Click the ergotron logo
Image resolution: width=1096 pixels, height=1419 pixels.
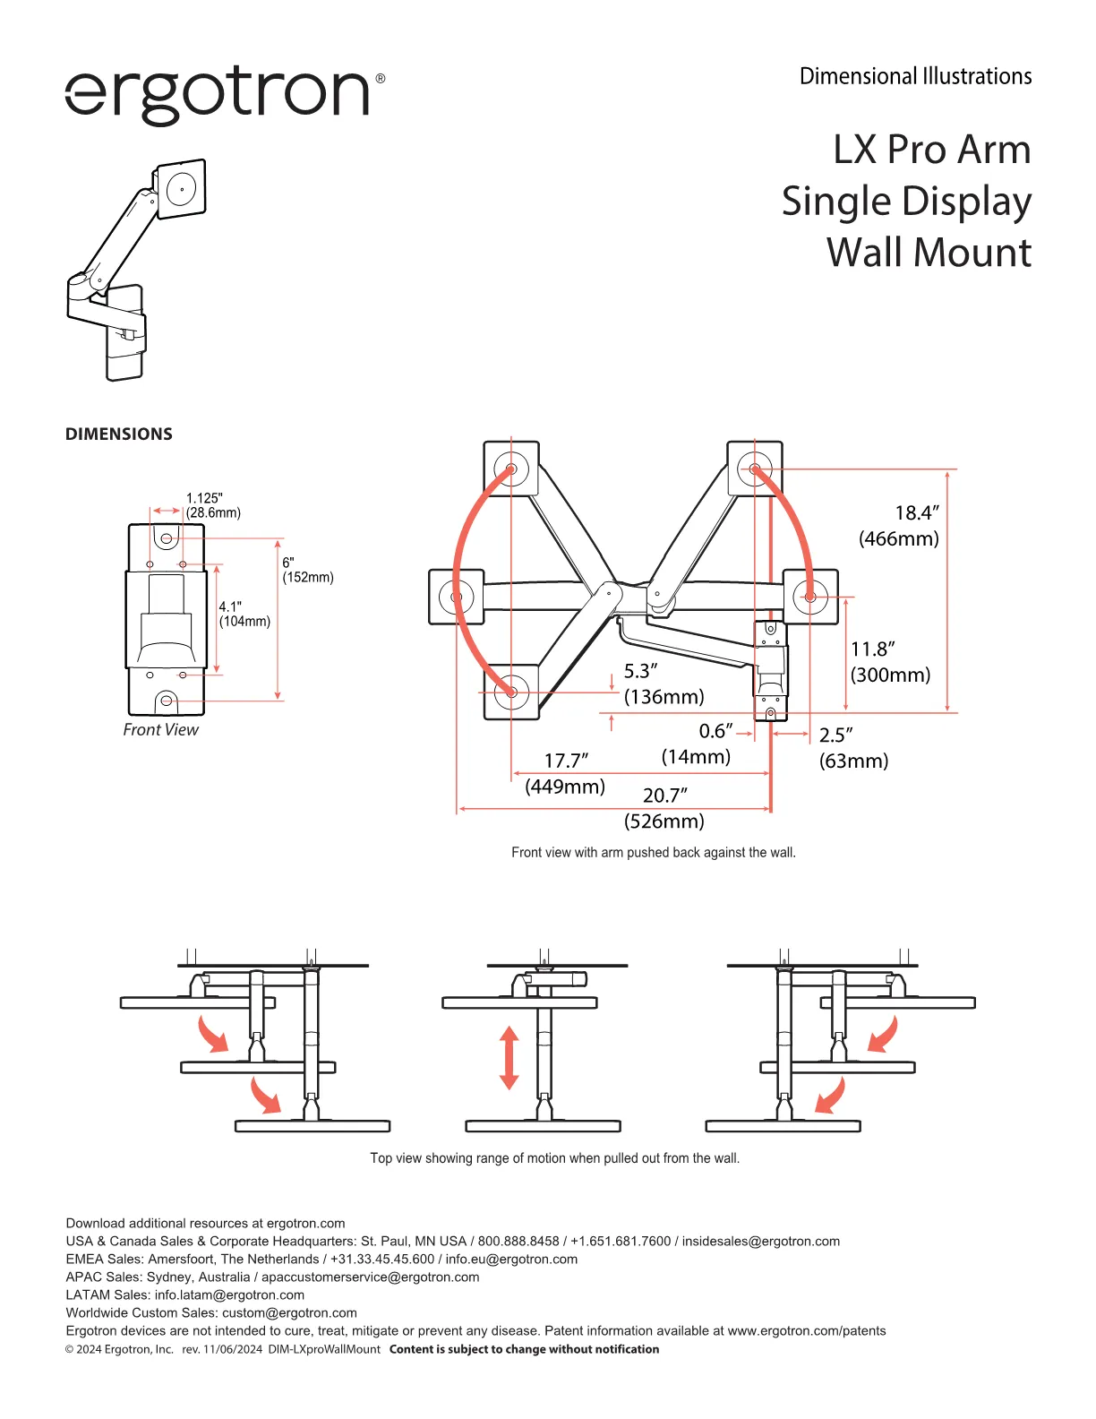click(x=225, y=94)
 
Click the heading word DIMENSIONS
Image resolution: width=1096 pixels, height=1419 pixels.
click(x=119, y=434)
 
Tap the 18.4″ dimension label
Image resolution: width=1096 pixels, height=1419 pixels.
click(x=917, y=512)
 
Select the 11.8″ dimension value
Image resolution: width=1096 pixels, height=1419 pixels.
click(x=872, y=649)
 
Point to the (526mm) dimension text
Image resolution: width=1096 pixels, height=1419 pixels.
click(x=664, y=821)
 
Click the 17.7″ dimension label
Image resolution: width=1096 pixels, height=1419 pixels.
click(x=566, y=761)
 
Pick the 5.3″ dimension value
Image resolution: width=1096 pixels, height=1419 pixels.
click(x=640, y=671)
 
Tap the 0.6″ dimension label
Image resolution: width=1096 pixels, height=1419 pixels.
click(x=715, y=731)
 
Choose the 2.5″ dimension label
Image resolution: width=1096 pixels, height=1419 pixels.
click(x=835, y=735)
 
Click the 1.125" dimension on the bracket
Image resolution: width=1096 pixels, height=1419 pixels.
click(x=204, y=498)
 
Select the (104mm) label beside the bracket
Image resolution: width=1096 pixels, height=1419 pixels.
click(x=244, y=621)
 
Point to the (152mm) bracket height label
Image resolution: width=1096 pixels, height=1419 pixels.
click(x=308, y=577)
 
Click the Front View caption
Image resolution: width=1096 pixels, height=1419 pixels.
click(x=160, y=730)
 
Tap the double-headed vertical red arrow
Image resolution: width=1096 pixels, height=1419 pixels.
click(x=509, y=1058)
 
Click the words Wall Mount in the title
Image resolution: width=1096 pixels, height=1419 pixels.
click(x=929, y=253)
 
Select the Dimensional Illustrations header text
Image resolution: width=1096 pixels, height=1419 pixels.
click(x=915, y=76)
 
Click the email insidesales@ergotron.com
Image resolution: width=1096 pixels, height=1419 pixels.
click(x=761, y=1241)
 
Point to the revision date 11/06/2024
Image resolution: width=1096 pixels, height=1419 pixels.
click(x=233, y=1349)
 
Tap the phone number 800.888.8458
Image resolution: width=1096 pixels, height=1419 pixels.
click(x=518, y=1241)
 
